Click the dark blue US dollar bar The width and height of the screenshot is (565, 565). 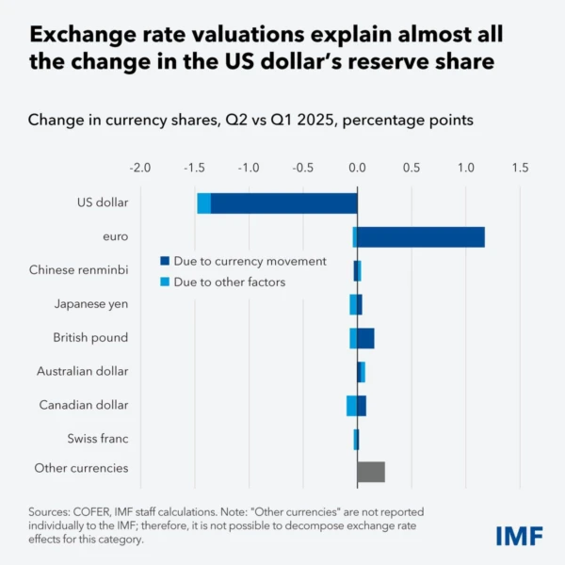coord(283,202)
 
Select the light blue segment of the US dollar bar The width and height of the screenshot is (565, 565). coord(203,202)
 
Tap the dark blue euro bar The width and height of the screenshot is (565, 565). coord(421,236)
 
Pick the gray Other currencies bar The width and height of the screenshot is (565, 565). coord(371,472)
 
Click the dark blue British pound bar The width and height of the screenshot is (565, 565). coord(365,338)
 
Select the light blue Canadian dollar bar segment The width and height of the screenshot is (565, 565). coord(351,406)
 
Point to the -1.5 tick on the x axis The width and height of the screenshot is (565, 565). coord(194,167)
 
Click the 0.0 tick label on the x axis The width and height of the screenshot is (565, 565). coord(357,167)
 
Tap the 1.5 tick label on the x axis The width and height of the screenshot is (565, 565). coord(519,167)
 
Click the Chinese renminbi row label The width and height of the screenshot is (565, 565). coord(78,270)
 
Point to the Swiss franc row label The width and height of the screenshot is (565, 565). coord(98,439)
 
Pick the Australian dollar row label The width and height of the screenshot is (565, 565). coord(82,372)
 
